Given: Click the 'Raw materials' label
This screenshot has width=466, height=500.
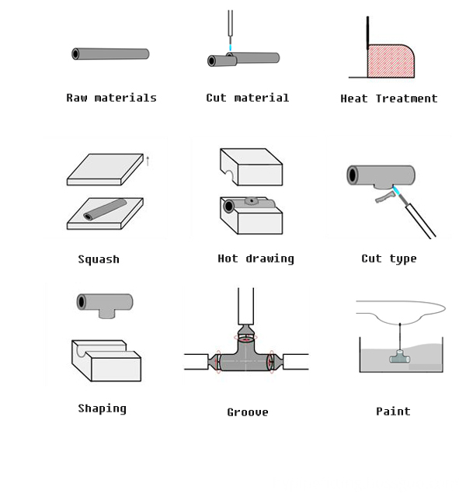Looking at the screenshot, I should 111,98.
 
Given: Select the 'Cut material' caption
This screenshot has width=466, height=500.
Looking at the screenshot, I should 247,98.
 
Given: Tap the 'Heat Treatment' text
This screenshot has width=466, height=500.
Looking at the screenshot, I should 388,99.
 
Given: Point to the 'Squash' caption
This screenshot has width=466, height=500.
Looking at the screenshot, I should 99,259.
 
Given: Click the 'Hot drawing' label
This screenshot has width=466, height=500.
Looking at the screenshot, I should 256,259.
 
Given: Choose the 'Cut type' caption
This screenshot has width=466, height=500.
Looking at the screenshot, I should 388,259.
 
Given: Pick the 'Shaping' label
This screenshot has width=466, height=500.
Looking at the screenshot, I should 102,408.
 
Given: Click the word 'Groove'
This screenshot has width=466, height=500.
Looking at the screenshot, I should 247,412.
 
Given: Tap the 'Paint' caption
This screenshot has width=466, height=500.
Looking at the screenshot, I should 393,411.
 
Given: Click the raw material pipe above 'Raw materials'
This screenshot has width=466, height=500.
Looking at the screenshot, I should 110,54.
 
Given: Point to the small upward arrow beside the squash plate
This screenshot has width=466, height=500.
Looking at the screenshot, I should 148,161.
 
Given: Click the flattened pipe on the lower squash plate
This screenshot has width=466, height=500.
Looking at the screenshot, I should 105,210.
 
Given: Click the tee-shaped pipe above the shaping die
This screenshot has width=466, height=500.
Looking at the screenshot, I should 105,304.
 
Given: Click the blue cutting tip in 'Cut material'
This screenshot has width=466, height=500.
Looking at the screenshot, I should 231,47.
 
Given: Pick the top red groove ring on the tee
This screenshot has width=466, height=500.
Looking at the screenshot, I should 246,339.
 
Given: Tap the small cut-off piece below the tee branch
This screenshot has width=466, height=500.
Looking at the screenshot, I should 384,199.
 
